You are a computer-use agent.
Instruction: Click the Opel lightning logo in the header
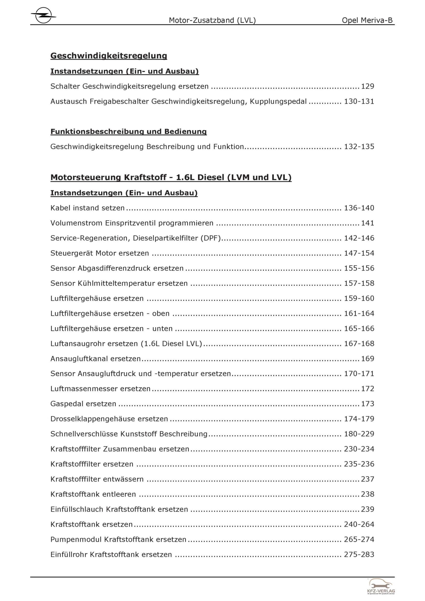[x=43, y=15]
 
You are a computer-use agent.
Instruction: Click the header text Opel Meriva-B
[x=367, y=20]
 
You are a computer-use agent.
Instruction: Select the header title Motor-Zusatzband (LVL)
[x=212, y=20]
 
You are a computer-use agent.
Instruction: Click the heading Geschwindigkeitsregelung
[x=109, y=56]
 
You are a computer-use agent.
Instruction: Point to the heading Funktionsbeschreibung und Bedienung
[x=128, y=131]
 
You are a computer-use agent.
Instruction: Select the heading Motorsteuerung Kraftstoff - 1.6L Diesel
[x=171, y=177]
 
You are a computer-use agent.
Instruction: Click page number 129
[x=368, y=86]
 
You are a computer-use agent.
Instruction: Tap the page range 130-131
[x=359, y=102]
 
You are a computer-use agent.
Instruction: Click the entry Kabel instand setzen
[x=88, y=208]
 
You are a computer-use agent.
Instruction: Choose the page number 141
[x=368, y=223]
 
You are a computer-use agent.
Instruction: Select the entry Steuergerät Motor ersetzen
[x=100, y=253]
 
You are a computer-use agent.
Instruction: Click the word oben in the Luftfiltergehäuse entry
[x=161, y=314]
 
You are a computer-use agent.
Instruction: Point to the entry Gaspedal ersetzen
[x=83, y=404]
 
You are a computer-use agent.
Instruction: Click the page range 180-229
[x=359, y=434]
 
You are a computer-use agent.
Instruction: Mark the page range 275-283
[x=359, y=555]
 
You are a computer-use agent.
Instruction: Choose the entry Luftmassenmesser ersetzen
[x=100, y=389]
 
